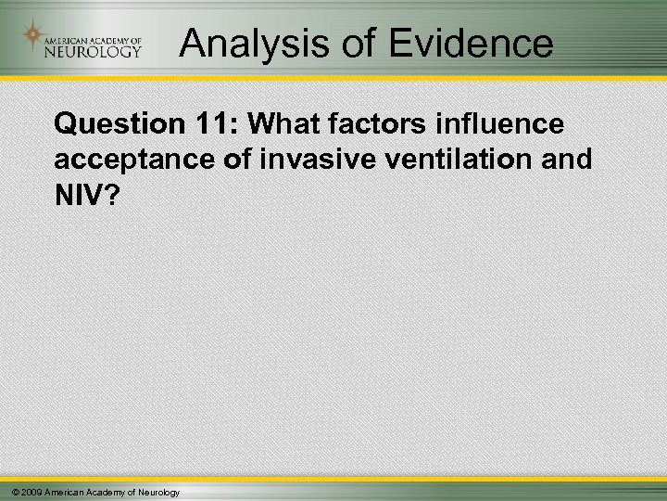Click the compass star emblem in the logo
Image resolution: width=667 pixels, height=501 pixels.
(34, 38)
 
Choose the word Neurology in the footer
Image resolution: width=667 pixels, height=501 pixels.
(157, 490)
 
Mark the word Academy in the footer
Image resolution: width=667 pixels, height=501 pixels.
(105, 490)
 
